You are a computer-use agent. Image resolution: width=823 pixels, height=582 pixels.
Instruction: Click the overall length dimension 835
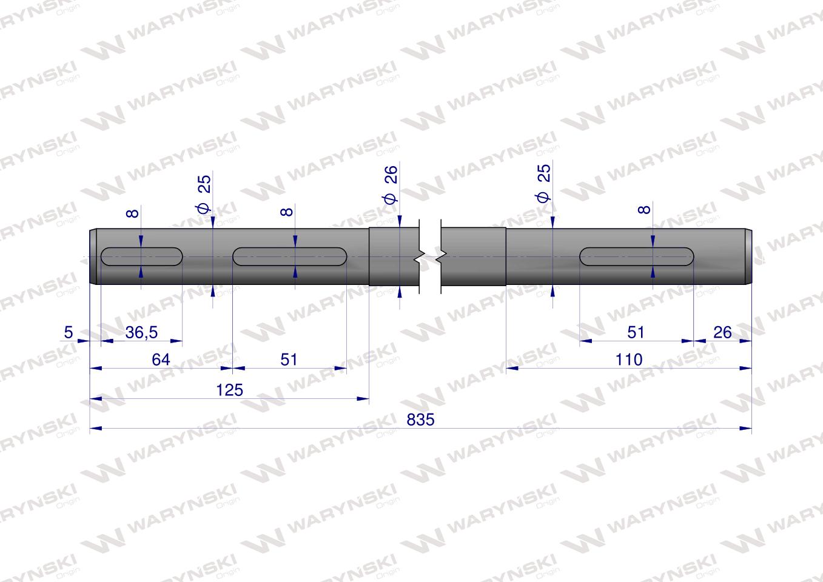coord(420,420)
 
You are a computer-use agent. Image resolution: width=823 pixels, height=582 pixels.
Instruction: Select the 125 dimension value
coord(230,390)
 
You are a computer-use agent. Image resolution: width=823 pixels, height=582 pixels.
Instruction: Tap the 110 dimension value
coord(629,360)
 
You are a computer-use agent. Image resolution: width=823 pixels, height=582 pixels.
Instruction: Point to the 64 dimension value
coord(161,360)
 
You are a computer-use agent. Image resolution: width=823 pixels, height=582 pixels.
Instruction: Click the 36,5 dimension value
coord(141,332)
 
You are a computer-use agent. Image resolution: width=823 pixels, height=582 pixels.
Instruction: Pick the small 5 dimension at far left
coord(69,332)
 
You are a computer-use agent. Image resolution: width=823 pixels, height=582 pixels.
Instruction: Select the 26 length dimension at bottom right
coord(722,332)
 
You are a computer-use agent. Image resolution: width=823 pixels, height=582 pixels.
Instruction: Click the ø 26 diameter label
coord(391,184)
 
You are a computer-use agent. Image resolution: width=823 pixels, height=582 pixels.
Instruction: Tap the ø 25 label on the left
coord(204,194)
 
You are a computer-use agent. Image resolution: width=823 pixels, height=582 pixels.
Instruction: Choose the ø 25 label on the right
coord(543,183)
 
